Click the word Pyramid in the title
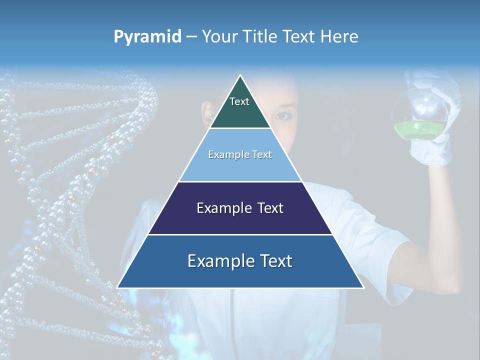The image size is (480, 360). click(x=147, y=37)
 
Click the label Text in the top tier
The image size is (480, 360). click(x=239, y=101)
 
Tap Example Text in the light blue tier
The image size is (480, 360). click(x=240, y=154)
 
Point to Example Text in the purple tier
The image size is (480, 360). click(x=240, y=208)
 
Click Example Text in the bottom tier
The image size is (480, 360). click(x=240, y=261)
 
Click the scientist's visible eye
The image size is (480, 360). click(x=283, y=116)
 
